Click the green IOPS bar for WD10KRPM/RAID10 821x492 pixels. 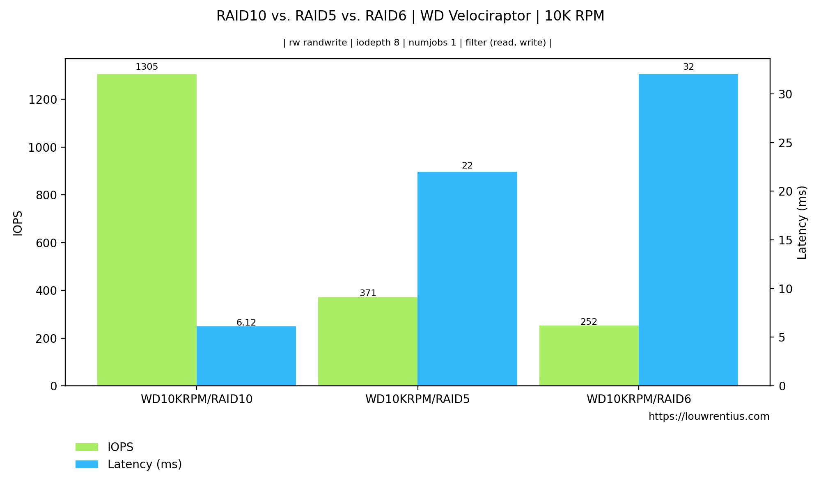147,230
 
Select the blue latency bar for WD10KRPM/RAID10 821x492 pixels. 246,356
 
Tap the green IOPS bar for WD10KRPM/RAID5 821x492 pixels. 368,341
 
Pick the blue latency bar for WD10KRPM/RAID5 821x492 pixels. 467,279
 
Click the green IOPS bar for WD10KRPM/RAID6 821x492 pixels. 589,355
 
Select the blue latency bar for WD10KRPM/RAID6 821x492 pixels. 688,230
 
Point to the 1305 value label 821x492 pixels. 147,67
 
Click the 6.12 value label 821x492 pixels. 246,323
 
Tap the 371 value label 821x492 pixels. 368,293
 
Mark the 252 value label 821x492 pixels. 589,322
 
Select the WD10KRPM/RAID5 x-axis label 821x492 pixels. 417,399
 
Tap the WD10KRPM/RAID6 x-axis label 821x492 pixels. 639,399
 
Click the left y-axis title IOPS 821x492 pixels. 18,223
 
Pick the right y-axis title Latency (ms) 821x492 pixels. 802,223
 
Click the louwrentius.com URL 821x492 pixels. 709,417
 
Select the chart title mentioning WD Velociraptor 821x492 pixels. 410,16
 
